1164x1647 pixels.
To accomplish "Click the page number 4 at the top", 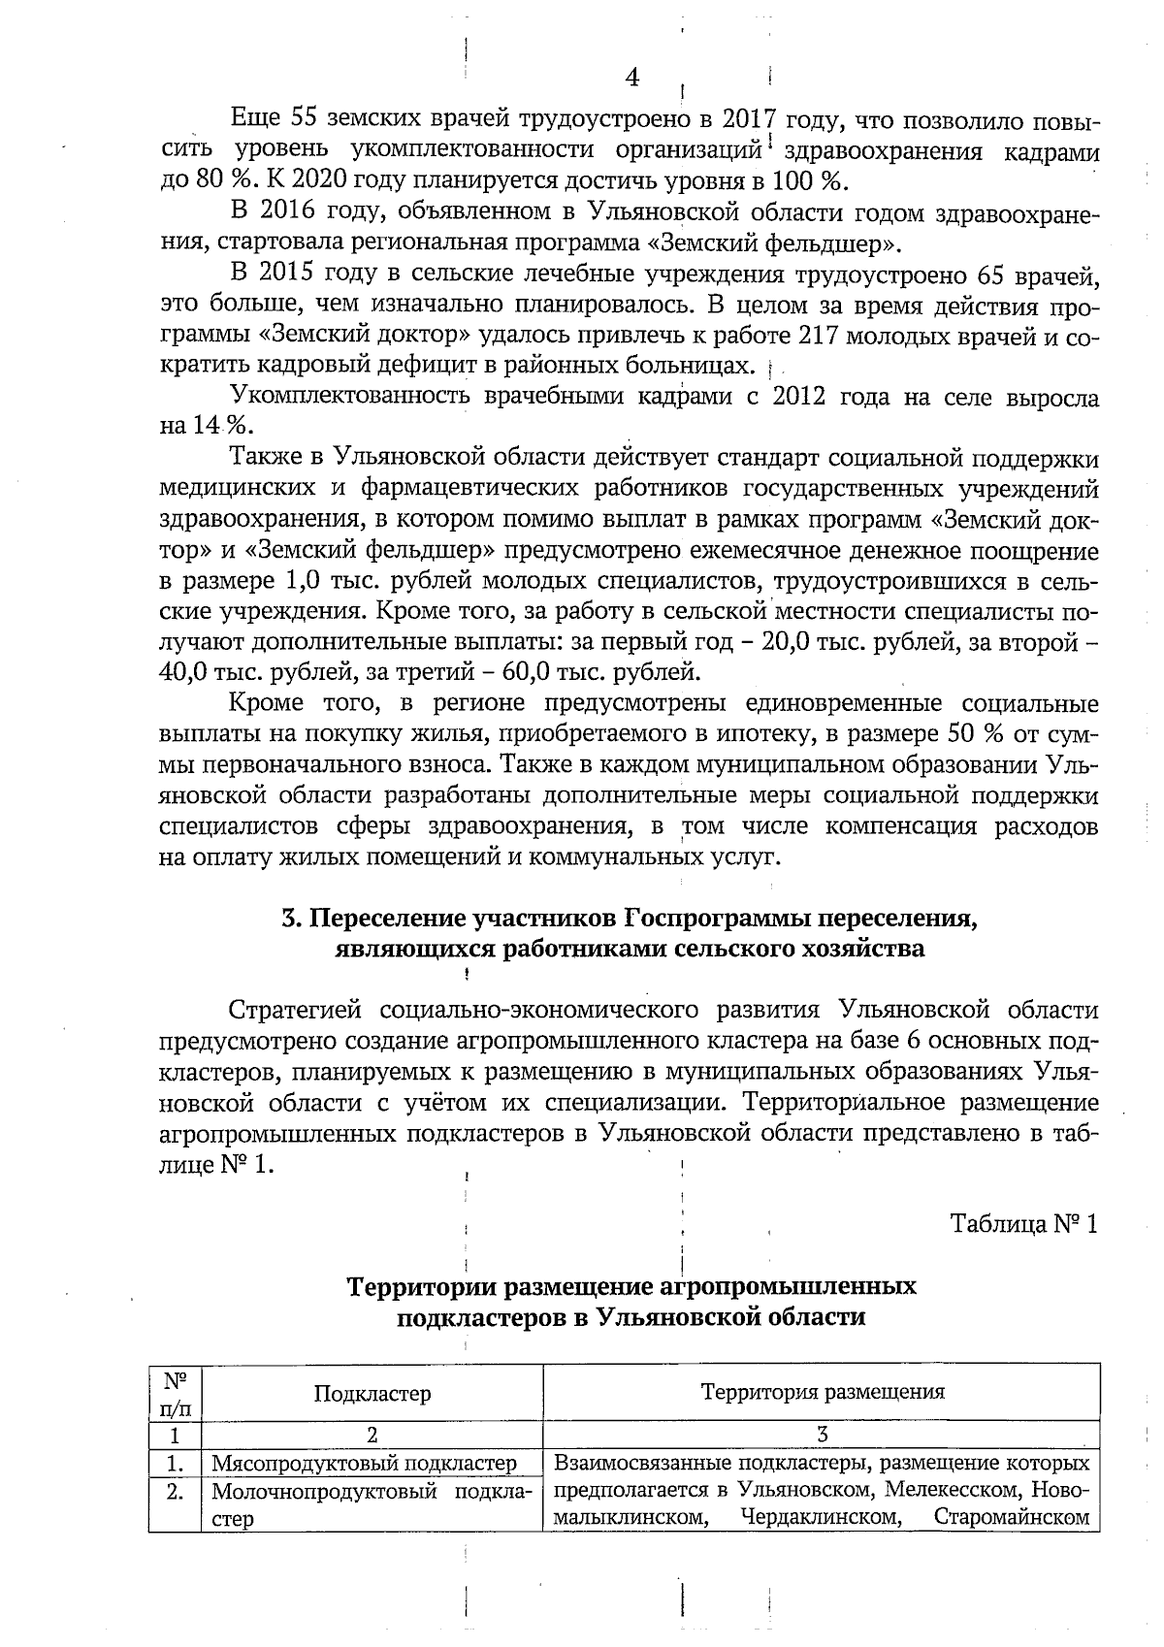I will coord(631,77).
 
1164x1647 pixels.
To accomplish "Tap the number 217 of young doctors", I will coord(813,336).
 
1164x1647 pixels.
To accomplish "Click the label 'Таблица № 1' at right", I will coord(1024,1223).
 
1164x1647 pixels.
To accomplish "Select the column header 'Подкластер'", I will coord(372,1393).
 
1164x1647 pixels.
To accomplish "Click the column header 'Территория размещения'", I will coord(822,1392).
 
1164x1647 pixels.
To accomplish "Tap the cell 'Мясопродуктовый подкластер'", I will coord(365,1463).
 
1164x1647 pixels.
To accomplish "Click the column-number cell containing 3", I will coord(822,1435).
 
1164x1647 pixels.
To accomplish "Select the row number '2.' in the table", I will coord(175,1492).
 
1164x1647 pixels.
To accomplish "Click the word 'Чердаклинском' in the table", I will coord(820,1517).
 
